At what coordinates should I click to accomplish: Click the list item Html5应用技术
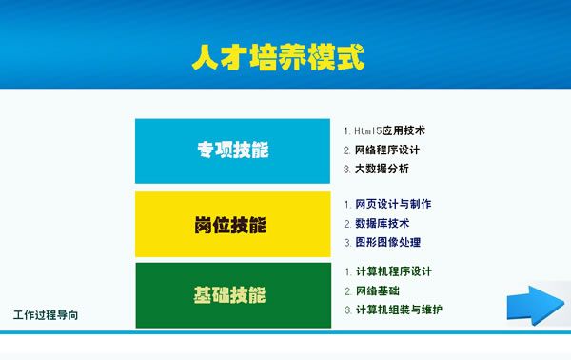[x=389, y=130]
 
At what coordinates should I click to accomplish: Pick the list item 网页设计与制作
[x=393, y=204]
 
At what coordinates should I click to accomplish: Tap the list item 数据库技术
[x=382, y=224]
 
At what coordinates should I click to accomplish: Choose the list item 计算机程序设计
[x=393, y=271]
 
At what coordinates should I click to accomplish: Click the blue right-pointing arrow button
[x=535, y=305]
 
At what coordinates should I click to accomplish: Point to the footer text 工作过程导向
[x=47, y=315]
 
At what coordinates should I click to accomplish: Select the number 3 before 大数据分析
[x=346, y=170]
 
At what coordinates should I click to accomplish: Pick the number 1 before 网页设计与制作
[x=346, y=204]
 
